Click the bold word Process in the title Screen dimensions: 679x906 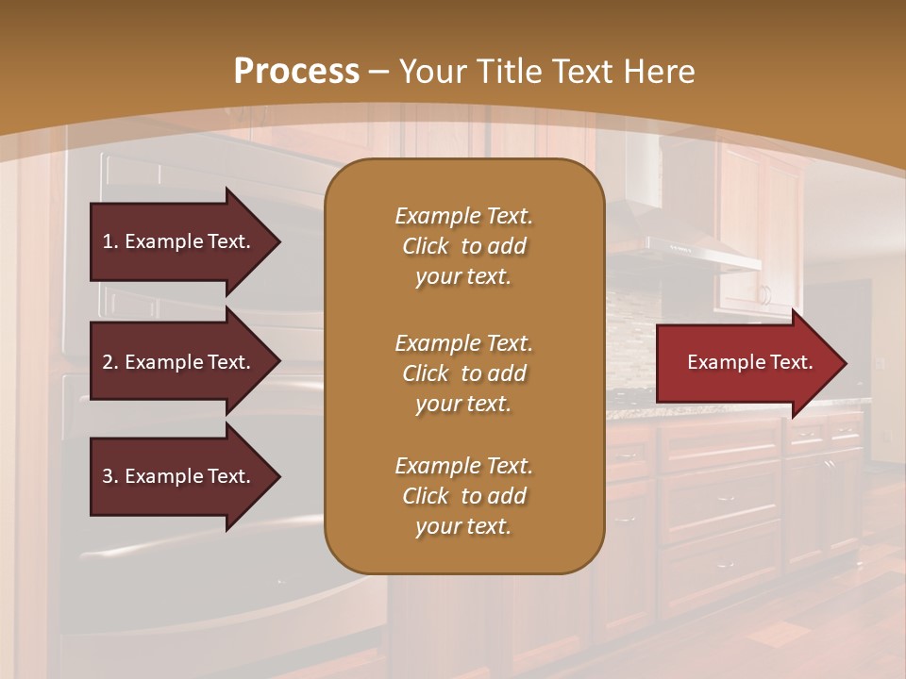click(296, 72)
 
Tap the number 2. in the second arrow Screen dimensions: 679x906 click(110, 362)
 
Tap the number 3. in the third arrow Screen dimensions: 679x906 click(110, 476)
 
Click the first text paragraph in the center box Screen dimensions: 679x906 click(463, 246)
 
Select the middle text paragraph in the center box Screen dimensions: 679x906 click(463, 373)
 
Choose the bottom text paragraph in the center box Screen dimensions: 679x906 click(463, 496)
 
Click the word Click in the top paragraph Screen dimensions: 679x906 click(426, 246)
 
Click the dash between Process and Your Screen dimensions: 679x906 click(379, 72)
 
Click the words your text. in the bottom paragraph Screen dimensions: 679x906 click(463, 526)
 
